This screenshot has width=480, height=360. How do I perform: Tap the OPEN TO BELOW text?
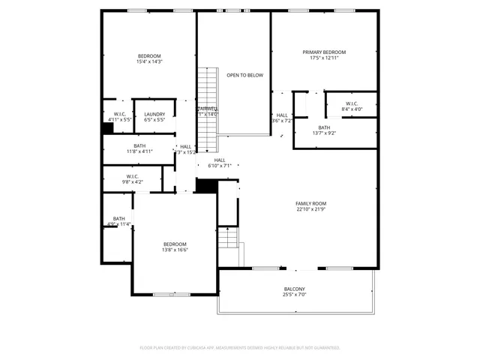tap(244, 76)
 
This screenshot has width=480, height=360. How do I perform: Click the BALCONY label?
tap(294, 289)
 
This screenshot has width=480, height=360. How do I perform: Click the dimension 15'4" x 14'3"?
tap(148, 62)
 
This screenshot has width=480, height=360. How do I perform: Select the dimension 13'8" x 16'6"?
tap(175, 250)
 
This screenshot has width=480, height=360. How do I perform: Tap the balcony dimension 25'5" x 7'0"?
tap(294, 295)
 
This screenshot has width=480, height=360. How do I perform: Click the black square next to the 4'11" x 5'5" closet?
tap(107, 128)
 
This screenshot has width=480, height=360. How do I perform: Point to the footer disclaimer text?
tap(240, 348)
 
